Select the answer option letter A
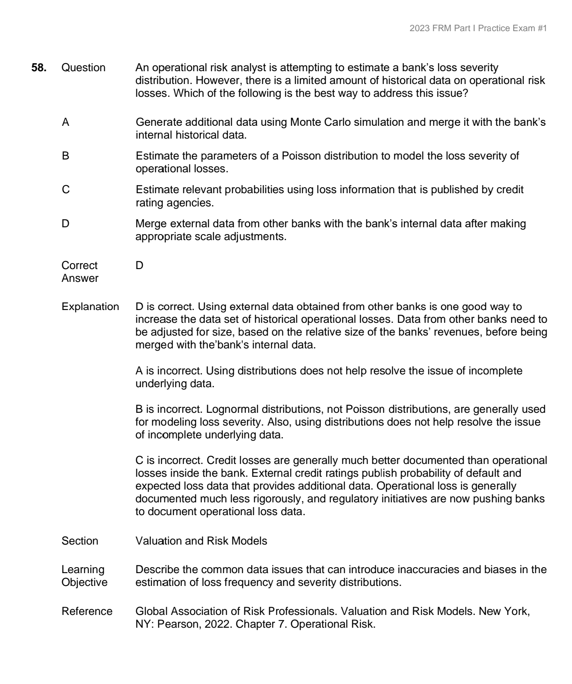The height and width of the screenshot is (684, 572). click(x=66, y=122)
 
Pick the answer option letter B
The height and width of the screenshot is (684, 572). click(x=66, y=156)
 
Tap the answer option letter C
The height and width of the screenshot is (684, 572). click(x=66, y=190)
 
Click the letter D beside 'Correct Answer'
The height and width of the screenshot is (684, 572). click(x=139, y=266)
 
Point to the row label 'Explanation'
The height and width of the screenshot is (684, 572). click(x=90, y=307)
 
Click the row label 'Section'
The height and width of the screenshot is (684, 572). click(x=80, y=541)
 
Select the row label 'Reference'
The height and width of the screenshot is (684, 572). click(x=87, y=612)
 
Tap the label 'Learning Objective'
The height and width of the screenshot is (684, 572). click(x=84, y=576)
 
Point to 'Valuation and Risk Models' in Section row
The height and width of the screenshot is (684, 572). click(x=201, y=541)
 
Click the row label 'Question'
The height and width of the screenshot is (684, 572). click(x=83, y=68)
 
